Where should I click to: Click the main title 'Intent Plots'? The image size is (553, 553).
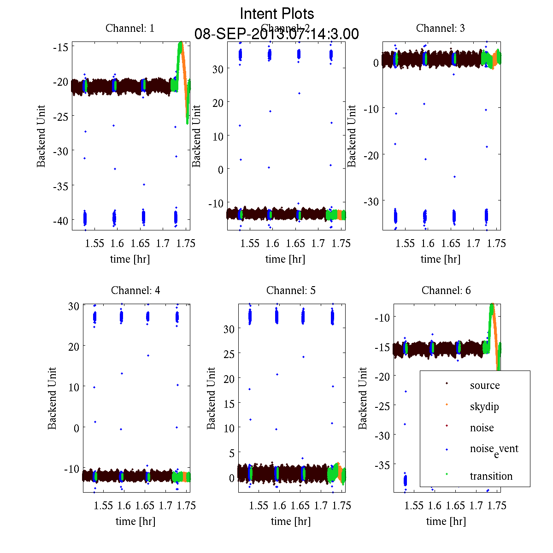pyautogui.click(x=277, y=14)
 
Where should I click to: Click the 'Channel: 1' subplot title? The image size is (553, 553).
pyautogui.click(x=130, y=28)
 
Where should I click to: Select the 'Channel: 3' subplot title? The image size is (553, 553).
pyautogui.click(x=440, y=28)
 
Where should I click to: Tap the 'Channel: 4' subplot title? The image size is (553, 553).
pyautogui.click(x=135, y=290)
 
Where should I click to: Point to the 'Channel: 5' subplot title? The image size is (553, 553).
pyautogui.click(x=291, y=290)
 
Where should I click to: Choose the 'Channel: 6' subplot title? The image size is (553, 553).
pyautogui.click(x=446, y=290)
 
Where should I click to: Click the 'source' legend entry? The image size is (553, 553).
pyautogui.click(x=484, y=385)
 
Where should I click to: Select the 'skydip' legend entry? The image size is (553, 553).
pyautogui.click(x=484, y=406)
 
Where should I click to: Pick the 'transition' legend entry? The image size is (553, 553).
pyautogui.click(x=491, y=476)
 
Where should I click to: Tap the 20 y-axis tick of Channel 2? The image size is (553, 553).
pyautogui.click(x=218, y=102)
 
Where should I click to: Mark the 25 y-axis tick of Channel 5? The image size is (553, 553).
pyautogui.click(x=229, y=353)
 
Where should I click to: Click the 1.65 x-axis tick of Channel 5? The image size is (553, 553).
pyautogui.click(x=300, y=506)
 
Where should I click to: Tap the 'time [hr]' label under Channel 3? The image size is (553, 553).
pyautogui.click(x=440, y=259)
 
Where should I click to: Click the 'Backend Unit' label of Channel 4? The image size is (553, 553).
pyautogui.click(x=52, y=398)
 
